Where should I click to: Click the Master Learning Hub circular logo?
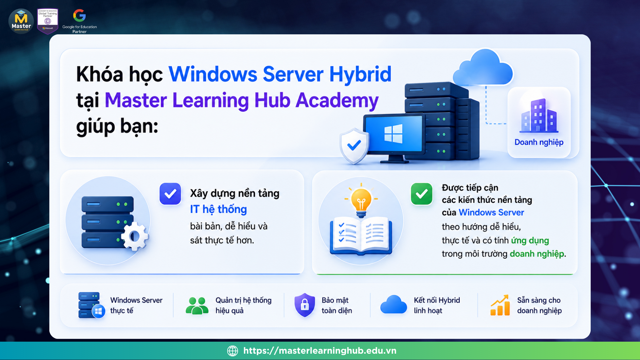pos(21,21)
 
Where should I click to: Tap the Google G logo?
pos(79,15)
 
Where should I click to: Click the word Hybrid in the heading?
pos(360,75)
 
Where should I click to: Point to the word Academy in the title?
pos(337,101)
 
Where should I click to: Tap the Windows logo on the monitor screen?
pos(393,134)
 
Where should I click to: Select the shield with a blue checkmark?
pos(354,146)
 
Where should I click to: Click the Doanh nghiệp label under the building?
pos(539,142)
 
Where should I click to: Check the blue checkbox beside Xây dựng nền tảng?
pos(170,194)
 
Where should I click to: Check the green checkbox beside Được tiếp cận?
pos(422,194)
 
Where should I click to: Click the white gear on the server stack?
pos(135,236)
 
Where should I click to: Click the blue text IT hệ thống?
pos(218,209)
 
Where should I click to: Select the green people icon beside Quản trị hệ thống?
pos(197,306)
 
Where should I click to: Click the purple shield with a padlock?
pos(305,305)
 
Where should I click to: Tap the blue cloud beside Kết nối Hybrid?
pos(394,304)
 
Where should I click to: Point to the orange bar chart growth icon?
pos(500,305)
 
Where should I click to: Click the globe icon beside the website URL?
pos(233,351)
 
